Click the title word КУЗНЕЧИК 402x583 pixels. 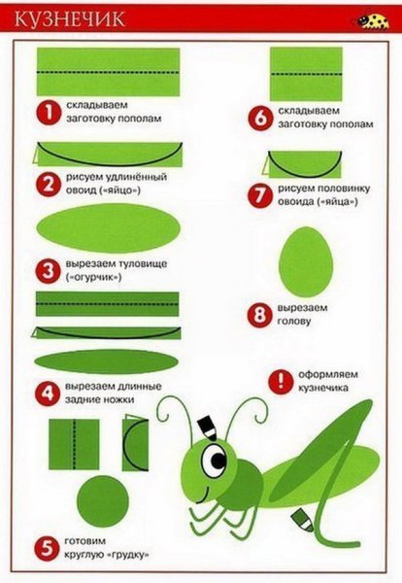click(70, 18)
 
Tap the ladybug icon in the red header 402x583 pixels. click(373, 20)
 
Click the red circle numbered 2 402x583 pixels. click(49, 184)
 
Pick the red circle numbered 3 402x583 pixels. click(49, 271)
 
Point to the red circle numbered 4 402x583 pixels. click(48, 394)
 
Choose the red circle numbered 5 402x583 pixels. click(47, 548)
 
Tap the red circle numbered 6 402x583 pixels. click(260, 118)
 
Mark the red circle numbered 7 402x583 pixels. click(260, 195)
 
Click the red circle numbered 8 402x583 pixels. click(259, 315)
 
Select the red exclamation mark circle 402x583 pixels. click(281, 381)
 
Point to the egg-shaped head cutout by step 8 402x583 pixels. click(306, 261)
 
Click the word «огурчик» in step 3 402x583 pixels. click(94, 278)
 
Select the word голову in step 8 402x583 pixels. click(294, 322)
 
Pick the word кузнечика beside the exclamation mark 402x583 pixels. click(323, 388)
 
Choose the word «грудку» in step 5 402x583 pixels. click(128, 555)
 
